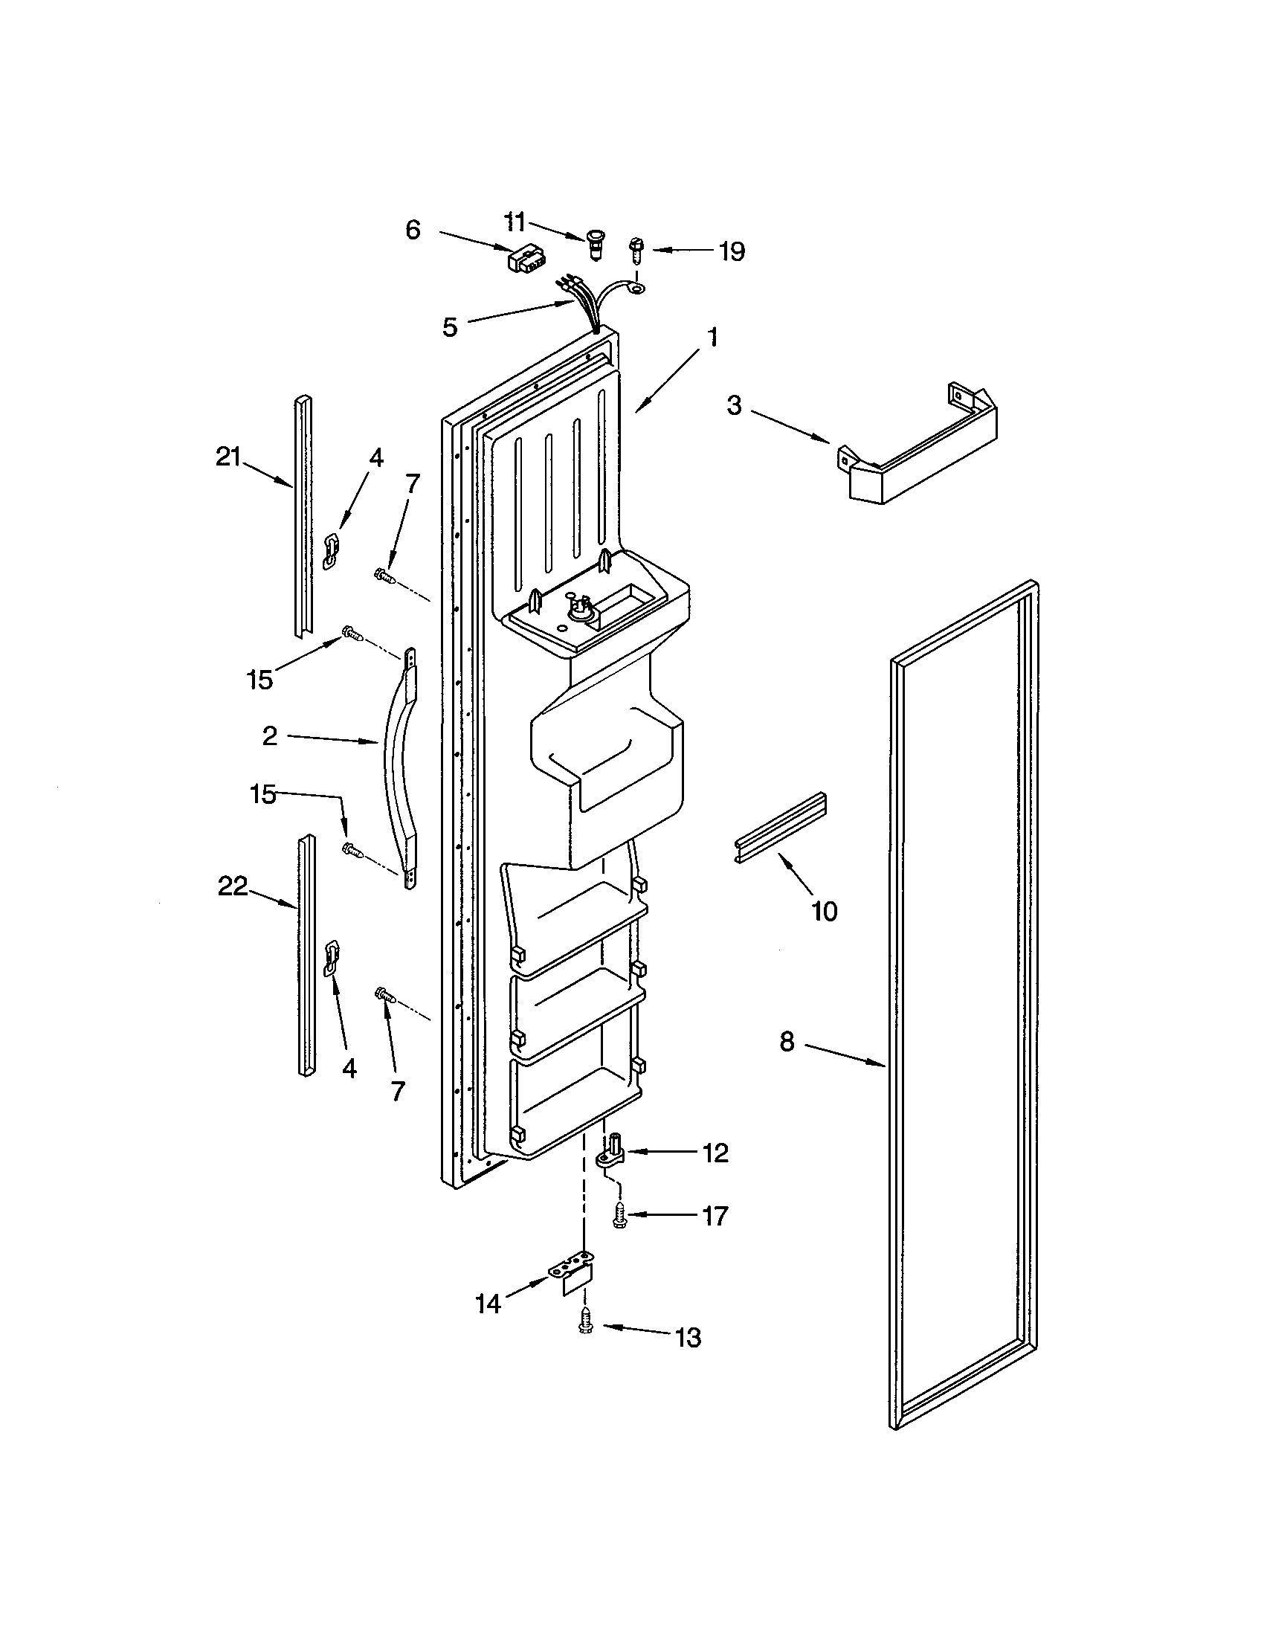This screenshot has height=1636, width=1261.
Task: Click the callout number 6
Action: pos(413,230)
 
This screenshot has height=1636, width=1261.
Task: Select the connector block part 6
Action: pos(524,260)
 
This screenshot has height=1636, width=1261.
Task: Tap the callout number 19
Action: pos(732,251)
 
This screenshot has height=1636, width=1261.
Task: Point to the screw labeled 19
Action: pos(636,248)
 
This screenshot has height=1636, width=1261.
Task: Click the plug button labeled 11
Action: pos(596,242)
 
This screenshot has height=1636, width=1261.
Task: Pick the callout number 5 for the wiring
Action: pos(449,327)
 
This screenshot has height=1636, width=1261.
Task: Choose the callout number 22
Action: pos(232,886)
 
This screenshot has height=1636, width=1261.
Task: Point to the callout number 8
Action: pos(786,1041)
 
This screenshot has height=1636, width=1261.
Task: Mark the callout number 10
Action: pos(824,912)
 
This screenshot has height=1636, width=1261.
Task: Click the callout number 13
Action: pos(688,1337)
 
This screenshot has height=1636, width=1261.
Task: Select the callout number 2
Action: pos(270,736)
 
